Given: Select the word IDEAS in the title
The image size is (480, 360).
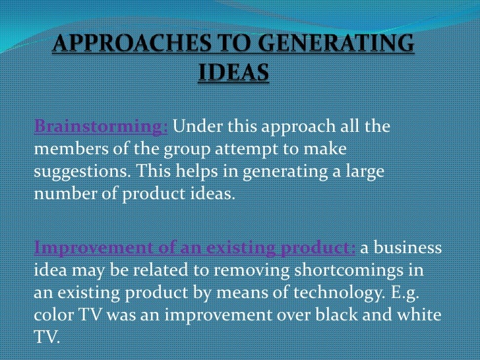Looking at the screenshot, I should pyautogui.click(x=233, y=73).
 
